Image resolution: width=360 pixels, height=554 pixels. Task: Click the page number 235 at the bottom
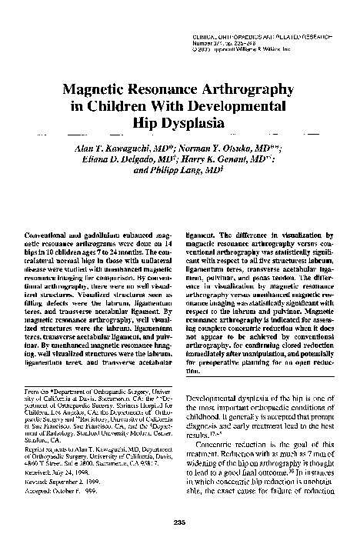(x=179, y=543)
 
